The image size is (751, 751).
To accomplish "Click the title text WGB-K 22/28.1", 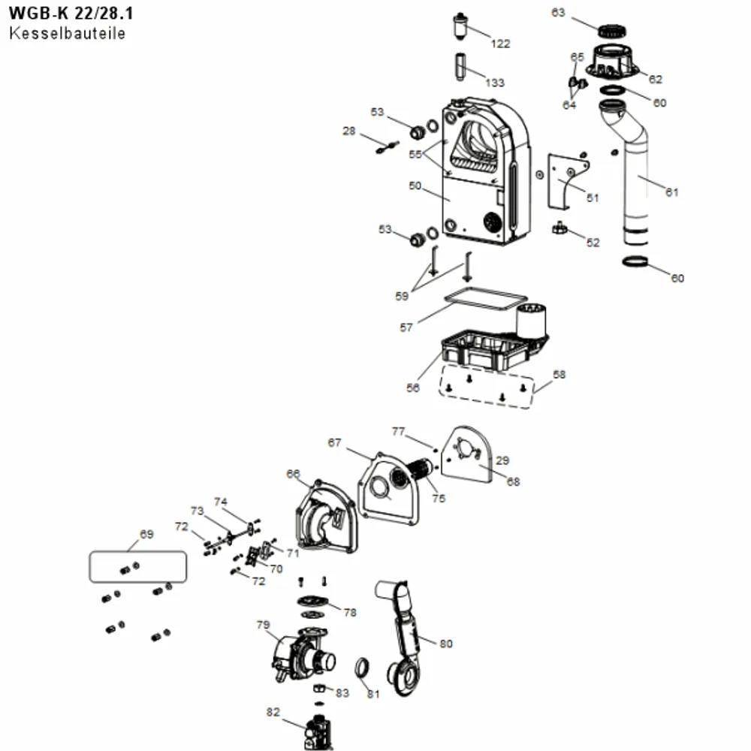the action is click(x=71, y=14).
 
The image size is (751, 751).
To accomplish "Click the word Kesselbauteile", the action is click(x=67, y=34).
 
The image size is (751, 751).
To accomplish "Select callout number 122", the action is click(x=500, y=44).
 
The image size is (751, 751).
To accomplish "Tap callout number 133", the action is click(x=495, y=83).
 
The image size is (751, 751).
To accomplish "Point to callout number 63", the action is click(x=558, y=13).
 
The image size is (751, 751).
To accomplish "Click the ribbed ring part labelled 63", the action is click(x=612, y=31).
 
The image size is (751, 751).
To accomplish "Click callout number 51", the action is click(x=593, y=198).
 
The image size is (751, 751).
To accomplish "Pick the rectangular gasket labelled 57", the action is click(x=486, y=298).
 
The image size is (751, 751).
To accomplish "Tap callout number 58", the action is click(x=559, y=375).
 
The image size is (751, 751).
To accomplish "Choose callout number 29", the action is click(x=502, y=460).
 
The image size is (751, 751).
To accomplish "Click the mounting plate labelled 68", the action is click(x=467, y=455).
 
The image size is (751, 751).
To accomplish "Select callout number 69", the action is click(x=146, y=534).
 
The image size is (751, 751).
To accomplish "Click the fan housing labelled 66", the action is click(x=327, y=517).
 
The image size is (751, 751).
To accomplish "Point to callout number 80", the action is click(x=446, y=644).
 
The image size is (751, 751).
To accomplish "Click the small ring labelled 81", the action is click(x=363, y=668).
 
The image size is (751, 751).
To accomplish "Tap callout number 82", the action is click(x=273, y=712).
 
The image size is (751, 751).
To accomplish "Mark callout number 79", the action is click(x=263, y=625).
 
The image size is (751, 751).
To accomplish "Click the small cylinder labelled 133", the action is click(x=460, y=67).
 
